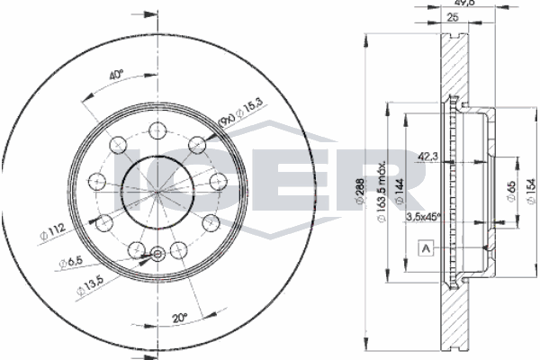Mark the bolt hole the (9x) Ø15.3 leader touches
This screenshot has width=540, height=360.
[195, 141]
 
